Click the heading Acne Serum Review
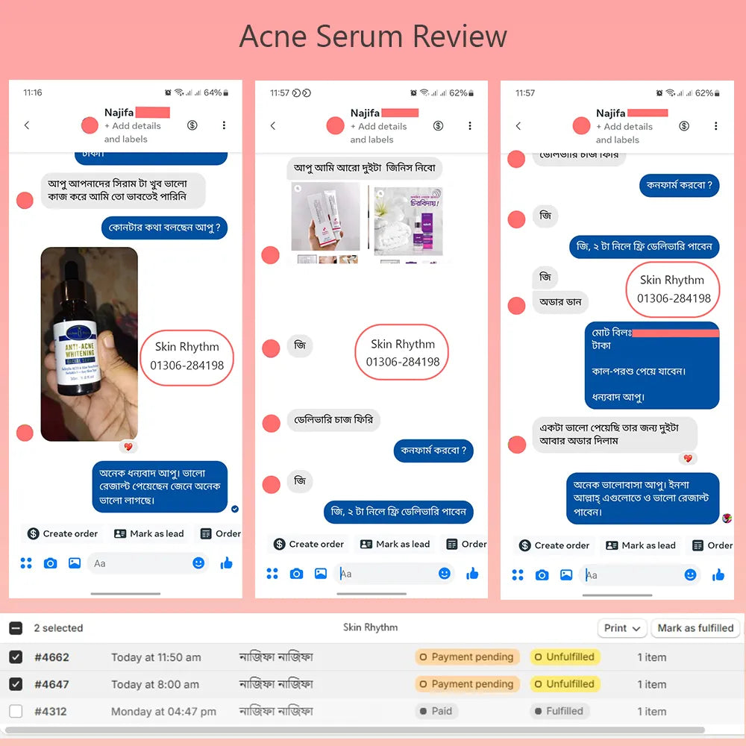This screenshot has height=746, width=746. point(373,36)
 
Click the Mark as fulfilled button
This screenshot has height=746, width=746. point(695,628)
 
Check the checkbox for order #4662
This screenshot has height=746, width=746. point(16,657)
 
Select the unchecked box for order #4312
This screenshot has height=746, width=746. point(16,711)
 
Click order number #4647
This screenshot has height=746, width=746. point(51,684)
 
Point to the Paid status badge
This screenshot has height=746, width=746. point(436,711)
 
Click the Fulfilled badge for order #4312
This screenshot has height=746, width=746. point(559,711)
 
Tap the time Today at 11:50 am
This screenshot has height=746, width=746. point(156,657)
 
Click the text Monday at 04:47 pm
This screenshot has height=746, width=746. point(163,711)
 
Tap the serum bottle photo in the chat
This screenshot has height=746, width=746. point(89,343)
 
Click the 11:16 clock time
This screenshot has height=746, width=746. point(33,93)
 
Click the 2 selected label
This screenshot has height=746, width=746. point(58,628)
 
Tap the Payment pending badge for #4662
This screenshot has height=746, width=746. point(466,657)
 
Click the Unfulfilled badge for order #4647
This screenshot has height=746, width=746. point(565,684)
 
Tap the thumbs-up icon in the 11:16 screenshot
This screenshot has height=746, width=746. point(226,563)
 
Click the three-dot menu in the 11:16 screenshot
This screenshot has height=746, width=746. point(224,125)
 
